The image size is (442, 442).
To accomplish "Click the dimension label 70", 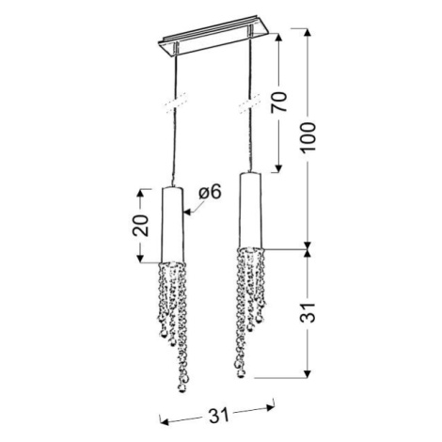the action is point(278,103).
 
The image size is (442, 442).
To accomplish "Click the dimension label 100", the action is point(308,137).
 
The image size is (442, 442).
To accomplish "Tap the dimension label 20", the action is point(140,225).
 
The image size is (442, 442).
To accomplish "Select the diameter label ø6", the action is point(210,192).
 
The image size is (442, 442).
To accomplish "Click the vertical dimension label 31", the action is point(308,312).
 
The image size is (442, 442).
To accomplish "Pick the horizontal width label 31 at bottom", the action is point(219,416).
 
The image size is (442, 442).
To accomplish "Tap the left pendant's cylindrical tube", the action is point(172,225).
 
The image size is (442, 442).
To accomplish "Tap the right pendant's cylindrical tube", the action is point(250,210).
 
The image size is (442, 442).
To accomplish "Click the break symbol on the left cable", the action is point(176,103).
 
